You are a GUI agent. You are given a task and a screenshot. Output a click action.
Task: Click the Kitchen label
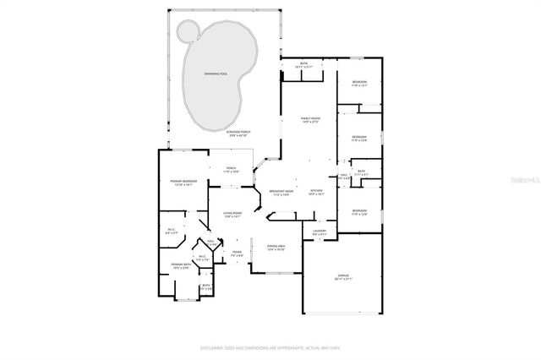[x=316, y=193]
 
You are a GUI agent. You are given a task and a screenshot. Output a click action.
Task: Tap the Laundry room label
[x=320, y=232]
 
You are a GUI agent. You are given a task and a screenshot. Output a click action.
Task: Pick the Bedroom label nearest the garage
[x=359, y=212]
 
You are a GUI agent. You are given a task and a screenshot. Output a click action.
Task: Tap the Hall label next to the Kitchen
[x=344, y=177]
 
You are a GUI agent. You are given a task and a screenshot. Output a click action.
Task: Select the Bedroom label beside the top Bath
[x=359, y=84]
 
